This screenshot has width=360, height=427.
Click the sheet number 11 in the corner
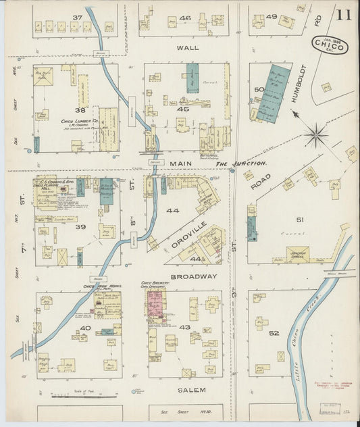343,15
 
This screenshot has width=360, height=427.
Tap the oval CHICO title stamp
328,46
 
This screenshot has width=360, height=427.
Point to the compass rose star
316,134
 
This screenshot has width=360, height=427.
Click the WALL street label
187,49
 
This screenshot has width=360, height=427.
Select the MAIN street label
181,164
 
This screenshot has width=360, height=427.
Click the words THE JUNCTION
241,164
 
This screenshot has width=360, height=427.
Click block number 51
300,219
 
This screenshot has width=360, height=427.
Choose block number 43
184,327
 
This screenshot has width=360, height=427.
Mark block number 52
273,333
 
